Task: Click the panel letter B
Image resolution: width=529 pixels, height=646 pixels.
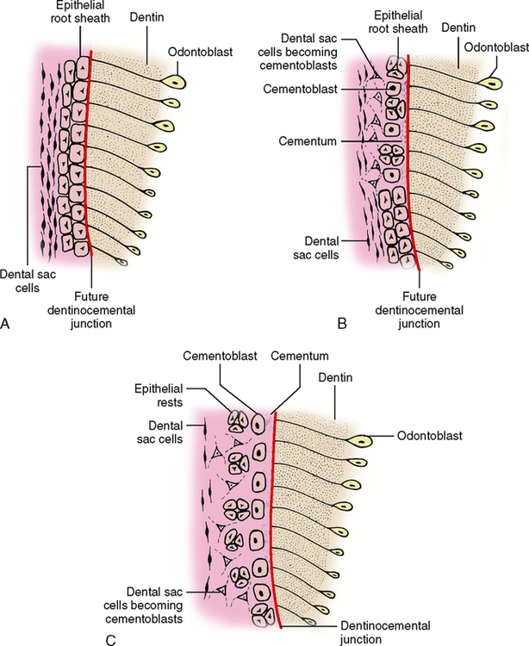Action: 342,324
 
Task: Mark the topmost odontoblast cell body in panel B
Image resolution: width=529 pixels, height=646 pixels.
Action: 495,82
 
